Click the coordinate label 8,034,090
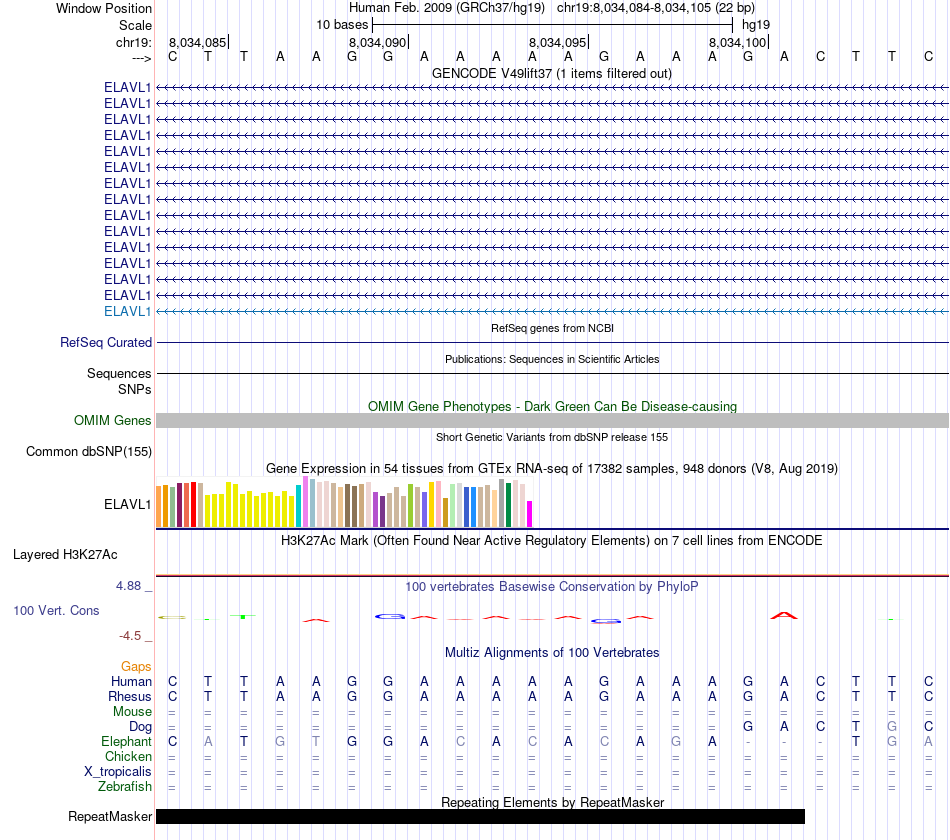point(378,42)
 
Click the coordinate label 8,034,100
point(738,42)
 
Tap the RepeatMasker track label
point(110,817)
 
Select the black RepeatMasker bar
point(480,817)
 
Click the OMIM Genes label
point(113,421)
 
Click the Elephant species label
point(126,742)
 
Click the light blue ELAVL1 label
point(128,311)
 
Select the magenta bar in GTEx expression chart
point(530,513)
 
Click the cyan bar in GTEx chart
point(299,506)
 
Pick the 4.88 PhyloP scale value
point(133,586)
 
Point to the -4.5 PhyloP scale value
point(134,635)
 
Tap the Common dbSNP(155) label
point(89,452)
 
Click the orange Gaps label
point(136,666)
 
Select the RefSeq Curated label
point(106,342)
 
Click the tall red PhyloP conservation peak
point(784,615)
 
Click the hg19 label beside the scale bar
point(755,24)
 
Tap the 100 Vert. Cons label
point(56,610)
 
